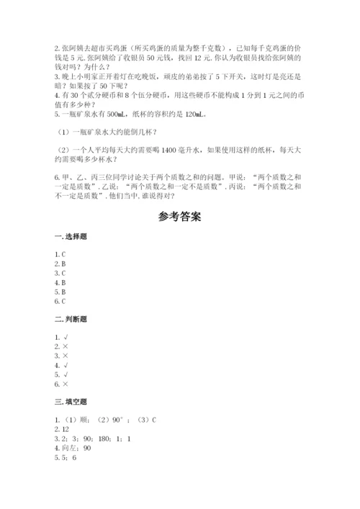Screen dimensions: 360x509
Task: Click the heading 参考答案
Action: (179, 217)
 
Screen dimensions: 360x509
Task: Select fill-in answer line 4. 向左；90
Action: (73, 448)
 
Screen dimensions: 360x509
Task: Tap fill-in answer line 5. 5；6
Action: (66, 458)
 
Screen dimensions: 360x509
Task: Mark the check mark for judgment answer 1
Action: (66, 336)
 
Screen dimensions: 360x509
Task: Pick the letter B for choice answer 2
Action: (65, 264)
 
